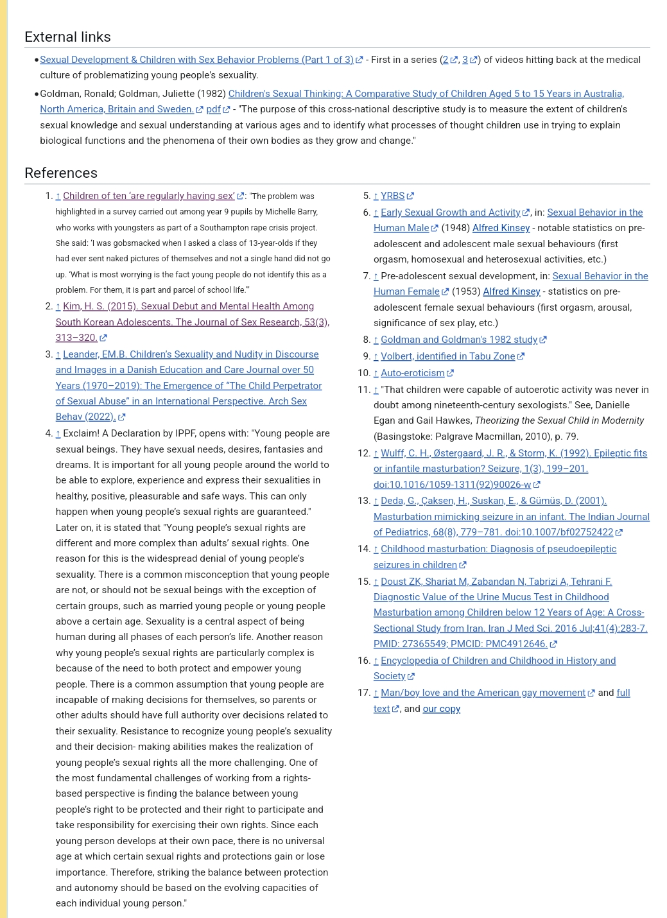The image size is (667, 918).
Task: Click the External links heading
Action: [67, 37]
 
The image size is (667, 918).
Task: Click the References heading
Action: [61, 173]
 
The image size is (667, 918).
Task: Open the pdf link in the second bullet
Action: [213, 109]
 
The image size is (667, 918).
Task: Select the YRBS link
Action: [392, 196]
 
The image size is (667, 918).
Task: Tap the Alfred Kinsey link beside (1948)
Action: [501, 228]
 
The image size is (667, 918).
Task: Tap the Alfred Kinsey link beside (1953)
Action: [511, 291]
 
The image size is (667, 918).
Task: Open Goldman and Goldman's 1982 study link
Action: [458, 340]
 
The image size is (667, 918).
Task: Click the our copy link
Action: [441, 709]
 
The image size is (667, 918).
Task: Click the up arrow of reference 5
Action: [376, 196]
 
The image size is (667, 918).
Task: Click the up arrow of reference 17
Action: [376, 693]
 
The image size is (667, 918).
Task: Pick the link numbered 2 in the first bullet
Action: [446, 60]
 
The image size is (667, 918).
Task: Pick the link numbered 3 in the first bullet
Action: [465, 60]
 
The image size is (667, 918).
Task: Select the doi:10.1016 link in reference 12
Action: [443, 485]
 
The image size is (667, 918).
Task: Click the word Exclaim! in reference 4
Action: [81, 433]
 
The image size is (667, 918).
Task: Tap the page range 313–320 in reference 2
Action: [76, 338]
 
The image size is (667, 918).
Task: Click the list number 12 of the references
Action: [363, 453]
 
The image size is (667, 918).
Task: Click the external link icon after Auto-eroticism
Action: [450, 373]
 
